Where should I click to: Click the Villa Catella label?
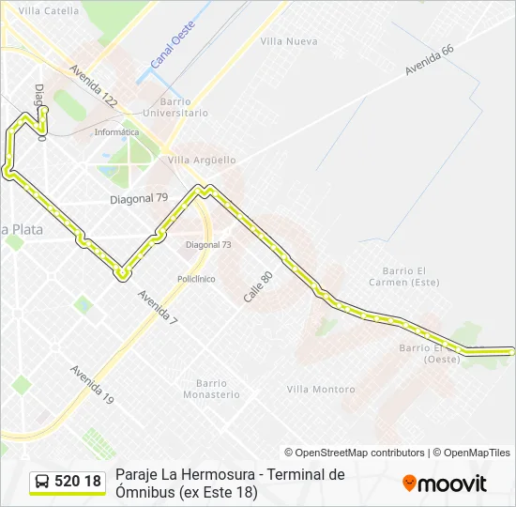pyautogui.click(x=49, y=11)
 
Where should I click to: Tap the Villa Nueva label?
pyautogui.click(x=289, y=41)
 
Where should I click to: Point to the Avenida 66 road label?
pyautogui.click(x=430, y=64)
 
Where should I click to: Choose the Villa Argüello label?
pyautogui.click(x=202, y=161)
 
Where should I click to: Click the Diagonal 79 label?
pyautogui.click(x=139, y=198)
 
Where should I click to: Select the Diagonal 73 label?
pyautogui.click(x=208, y=244)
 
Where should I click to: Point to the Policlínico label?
pyautogui.click(x=196, y=279)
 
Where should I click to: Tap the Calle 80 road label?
pyautogui.click(x=258, y=286)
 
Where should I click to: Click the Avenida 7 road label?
pyautogui.click(x=157, y=308)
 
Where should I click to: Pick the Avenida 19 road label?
pyautogui.click(x=92, y=384)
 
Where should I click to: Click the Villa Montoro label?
pyautogui.click(x=321, y=390)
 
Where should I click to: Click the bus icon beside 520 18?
pyautogui.click(x=42, y=482)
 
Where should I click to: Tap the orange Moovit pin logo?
pyautogui.click(x=409, y=483)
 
